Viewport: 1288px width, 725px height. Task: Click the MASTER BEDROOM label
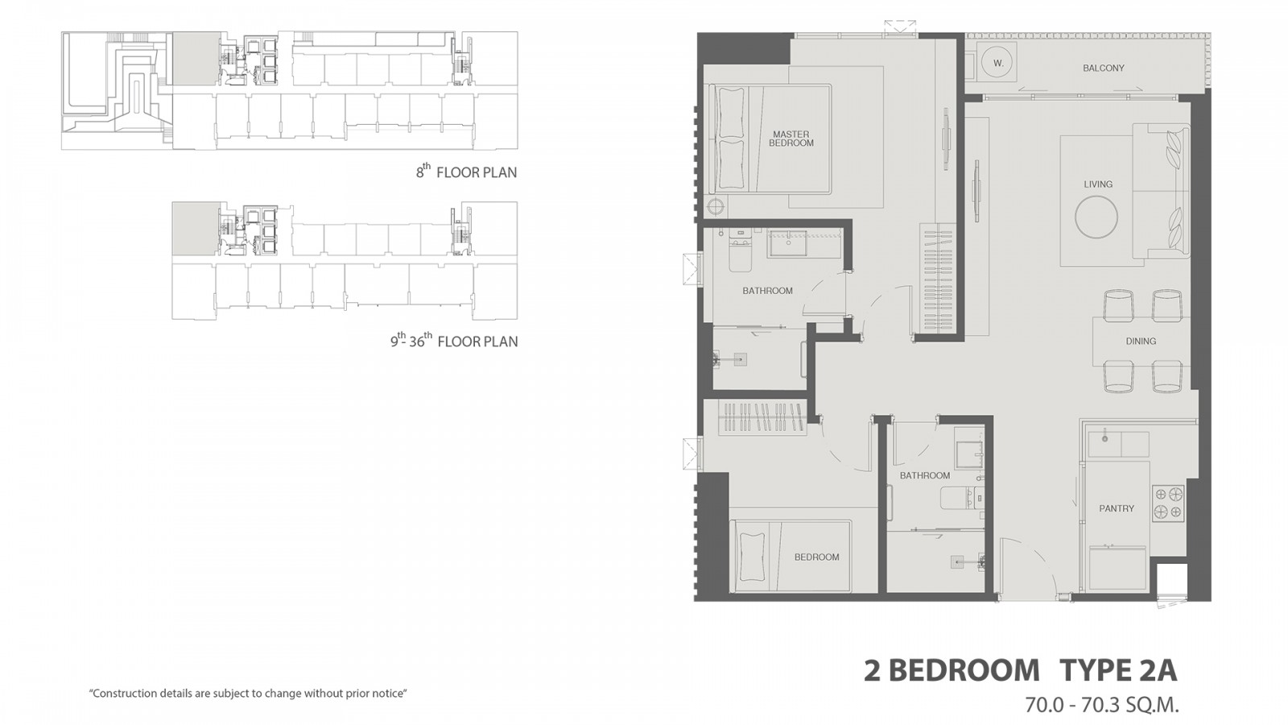click(x=791, y=139)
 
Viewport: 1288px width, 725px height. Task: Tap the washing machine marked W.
click(x=999, y=64)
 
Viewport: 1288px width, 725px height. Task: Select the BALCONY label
click(x=1104, y=68)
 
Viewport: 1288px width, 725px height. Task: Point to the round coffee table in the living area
click(x=1096, y=217)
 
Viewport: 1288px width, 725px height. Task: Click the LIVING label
click(x=1098, y=184)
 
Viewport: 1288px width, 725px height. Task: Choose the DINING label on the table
click(x=1141, y=342)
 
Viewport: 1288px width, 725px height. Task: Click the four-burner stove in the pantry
click(x=1168, y=503)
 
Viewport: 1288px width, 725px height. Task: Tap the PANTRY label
click(x=1117, y=508)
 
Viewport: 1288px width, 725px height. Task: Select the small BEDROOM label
click(x=816, y=557)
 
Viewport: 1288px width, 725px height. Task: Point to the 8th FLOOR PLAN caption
click(x=466, y=172)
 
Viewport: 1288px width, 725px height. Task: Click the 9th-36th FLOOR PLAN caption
click(x=454, y=341)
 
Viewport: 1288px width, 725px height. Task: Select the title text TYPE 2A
click(x=1118, y=671)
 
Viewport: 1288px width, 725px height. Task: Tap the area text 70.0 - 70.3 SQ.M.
click(x=1102, y=704)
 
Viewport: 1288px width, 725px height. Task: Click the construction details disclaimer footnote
click(x=248, y=694)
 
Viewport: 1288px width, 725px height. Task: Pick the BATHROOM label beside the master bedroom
click(x=768, y=291)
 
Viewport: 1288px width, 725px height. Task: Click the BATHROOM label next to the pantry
click(x=925, y=476)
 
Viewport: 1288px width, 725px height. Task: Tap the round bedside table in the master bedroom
click(x=716, y=206)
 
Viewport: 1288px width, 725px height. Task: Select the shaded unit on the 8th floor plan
click(x=196, y=60)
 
